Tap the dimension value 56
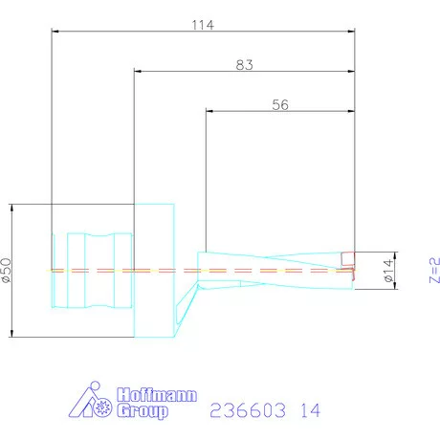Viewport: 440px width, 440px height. [x=280, y=105]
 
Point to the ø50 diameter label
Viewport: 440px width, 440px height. [x=7, y=270]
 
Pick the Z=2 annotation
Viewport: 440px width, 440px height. [x=434, y=270]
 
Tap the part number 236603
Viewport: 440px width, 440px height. [x=244, y=410]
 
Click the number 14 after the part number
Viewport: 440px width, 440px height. [x=307, y=410]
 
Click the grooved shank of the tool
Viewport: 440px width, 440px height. [x=91, y=270]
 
